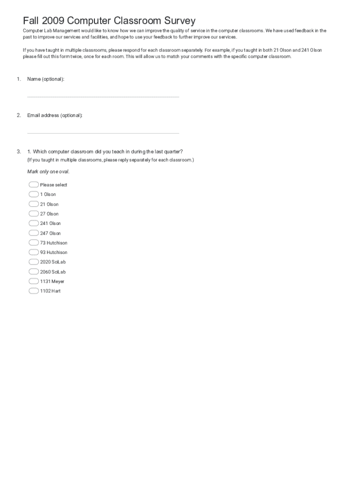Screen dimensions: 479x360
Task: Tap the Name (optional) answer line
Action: tap(103, 96)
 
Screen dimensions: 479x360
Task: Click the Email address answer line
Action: tap(103, 133)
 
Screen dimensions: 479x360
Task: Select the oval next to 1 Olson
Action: tap(34, 194)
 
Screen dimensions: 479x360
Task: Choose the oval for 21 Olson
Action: tap(34, 204)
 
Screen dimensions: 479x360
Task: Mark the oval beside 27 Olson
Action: tap(34, 214)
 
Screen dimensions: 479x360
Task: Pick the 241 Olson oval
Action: tap(34, 223)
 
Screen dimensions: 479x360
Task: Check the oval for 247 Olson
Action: tap(34, 233)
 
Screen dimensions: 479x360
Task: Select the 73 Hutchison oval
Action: tap(34, 243)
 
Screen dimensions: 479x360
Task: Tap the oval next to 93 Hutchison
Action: tap(34, 252)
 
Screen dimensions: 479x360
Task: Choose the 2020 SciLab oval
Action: tap(34, 262)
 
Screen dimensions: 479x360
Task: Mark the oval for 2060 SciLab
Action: tap(34, 272)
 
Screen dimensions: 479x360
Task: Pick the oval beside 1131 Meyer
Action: tap(34, 281)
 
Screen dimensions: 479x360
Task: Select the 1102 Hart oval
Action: tap(34, 291)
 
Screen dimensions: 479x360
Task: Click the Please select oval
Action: tap(34, 184)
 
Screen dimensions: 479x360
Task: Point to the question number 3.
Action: tap(19, 152)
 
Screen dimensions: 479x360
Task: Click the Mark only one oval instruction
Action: tap(49, 172)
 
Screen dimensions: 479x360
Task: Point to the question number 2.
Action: tap(19, 115)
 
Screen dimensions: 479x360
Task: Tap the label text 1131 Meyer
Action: tap(52, 282)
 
